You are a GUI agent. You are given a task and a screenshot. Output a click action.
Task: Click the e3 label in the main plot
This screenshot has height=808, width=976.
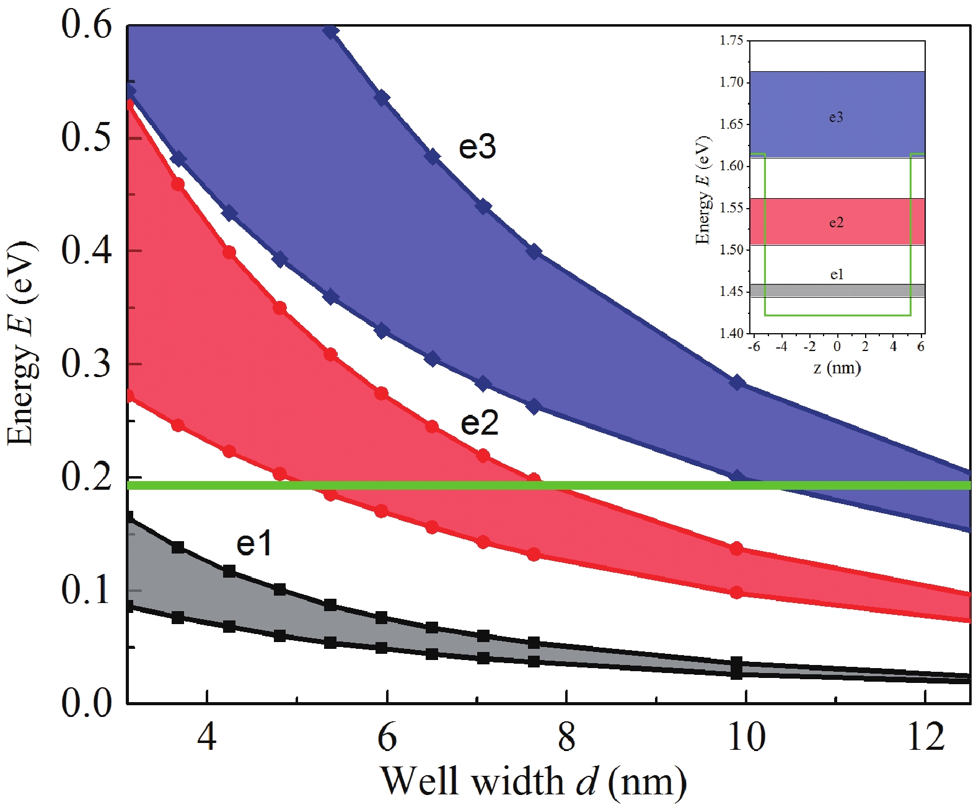click(477, 147)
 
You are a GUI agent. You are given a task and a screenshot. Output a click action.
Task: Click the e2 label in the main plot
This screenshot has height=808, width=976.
click(479, 424)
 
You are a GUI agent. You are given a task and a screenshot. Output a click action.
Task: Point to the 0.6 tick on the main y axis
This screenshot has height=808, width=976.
click(87, 26)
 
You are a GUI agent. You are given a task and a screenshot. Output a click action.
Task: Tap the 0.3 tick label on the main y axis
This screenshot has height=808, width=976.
click(87, 363)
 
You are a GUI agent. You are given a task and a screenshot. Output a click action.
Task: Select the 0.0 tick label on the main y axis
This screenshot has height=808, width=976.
click(87, 703)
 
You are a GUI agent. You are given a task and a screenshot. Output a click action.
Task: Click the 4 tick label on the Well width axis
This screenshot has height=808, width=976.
click(207, 738)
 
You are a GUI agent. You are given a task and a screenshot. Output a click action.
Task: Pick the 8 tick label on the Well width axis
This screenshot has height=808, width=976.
click(566, 738)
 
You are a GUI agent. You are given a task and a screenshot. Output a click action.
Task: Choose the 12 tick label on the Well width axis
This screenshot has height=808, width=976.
click(926, 738)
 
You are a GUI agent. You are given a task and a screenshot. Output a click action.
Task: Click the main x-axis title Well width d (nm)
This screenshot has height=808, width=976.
click(534, 781)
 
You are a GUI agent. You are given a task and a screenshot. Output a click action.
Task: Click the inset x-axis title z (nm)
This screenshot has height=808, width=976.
click(837, 368)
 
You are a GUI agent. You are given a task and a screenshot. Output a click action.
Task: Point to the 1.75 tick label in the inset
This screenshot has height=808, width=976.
click(731, 41)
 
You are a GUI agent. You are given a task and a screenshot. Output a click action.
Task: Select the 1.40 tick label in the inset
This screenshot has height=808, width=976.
click(731, 334)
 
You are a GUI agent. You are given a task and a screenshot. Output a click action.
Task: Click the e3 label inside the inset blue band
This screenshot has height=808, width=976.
click(836, 117)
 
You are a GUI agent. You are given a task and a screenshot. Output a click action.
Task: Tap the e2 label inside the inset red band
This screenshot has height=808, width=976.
click(836, 222)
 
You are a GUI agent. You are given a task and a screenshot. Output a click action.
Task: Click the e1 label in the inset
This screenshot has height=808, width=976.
click(836, 274)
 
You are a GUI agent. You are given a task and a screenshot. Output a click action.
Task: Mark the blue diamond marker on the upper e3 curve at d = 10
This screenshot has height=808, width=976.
click(737, 382)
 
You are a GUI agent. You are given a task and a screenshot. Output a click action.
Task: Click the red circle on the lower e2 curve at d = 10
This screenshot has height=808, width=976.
click(736, 593)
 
